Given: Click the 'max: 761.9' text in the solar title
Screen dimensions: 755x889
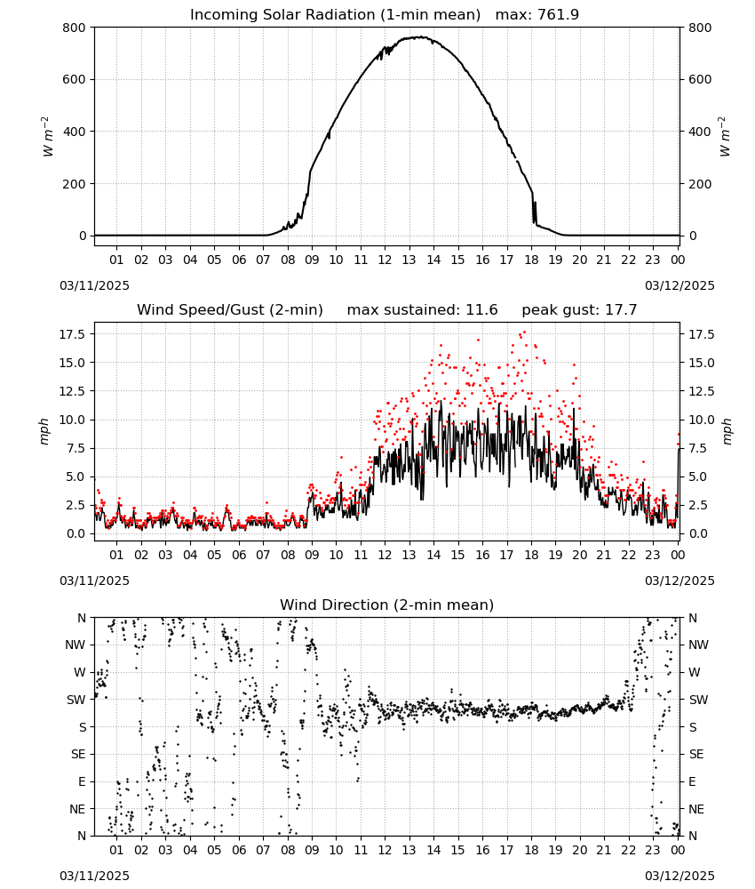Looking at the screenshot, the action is pos(537,15).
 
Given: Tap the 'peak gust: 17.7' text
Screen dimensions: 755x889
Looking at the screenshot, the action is pos(579,310).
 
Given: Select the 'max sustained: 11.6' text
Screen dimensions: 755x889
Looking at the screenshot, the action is pos(422,310).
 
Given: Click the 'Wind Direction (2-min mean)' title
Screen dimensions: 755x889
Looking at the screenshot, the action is pos(387,605).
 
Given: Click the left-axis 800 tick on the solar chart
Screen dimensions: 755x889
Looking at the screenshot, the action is pos(75,28).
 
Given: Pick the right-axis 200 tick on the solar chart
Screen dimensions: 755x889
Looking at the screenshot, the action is pos(700,184).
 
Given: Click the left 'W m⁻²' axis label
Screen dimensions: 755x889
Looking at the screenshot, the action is pos(47,136).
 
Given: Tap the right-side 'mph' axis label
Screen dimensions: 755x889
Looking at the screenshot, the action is pos(727,431).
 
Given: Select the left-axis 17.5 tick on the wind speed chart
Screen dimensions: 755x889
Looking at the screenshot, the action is pos(73,334).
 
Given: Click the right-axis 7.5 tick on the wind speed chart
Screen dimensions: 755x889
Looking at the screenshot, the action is pos(698,448).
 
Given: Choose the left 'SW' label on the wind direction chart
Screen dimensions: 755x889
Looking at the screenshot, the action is pos(75,701).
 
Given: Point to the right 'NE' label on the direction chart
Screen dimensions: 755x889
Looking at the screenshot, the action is pos(696,809).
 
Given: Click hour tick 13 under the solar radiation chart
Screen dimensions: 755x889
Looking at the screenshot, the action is pos(409,260).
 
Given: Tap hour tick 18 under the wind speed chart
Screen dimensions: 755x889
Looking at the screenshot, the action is pos(531,555).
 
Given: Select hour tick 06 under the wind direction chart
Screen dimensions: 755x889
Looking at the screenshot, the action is pos(239,850).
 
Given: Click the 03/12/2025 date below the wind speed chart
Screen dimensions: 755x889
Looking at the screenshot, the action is pos(679,581).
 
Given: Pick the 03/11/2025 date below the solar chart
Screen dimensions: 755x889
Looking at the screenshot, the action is pos(94,285).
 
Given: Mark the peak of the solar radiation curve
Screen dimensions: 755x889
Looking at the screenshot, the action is pos(420,36).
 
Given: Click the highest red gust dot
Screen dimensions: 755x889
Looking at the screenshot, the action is pos(524,332).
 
